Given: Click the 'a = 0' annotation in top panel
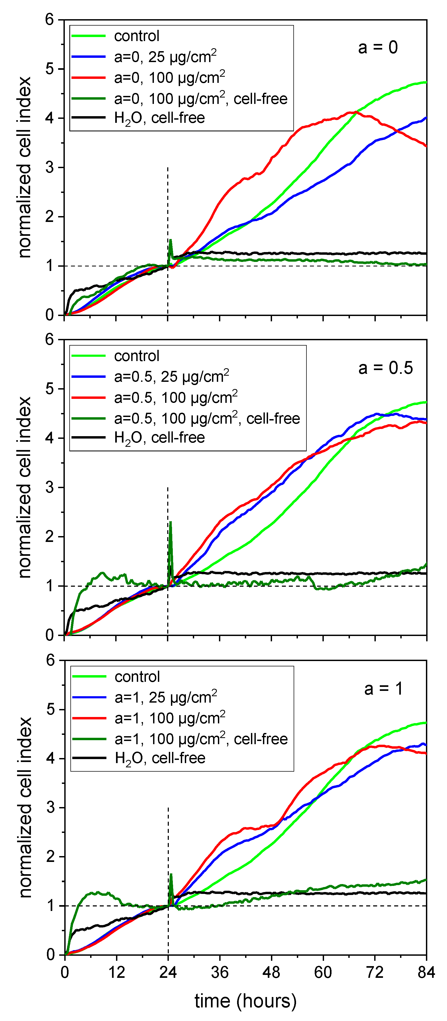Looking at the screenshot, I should click(x=378, y=48).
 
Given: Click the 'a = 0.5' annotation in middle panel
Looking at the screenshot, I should click(x=385, y=368).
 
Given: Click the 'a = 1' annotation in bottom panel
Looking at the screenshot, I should click(x=383, y=688).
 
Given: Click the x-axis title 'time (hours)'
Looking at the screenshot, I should click(x=246, y=1000).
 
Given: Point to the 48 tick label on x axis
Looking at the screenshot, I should click(x=271, y=972).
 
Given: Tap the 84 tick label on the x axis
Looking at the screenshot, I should click(x=426, y=972).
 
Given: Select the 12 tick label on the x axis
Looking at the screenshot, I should click(x=116, y=972).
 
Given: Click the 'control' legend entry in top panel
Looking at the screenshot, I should click(x=137, y=36).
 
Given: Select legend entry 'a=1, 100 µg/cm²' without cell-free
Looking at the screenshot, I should click(x=170, y=718).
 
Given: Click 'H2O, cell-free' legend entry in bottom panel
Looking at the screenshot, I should click(x=160, y=758).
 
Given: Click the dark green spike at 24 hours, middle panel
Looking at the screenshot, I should click(x=170, y=522).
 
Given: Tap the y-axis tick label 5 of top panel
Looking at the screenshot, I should click(x=50, y=69).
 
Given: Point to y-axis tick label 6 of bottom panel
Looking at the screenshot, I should click(x=50, y=660).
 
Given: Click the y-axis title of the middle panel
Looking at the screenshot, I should click(x=25, y=488).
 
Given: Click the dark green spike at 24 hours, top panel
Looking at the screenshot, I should click(x=170, y=240).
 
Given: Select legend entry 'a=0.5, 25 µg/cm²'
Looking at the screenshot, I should click(x=171, y=376).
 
